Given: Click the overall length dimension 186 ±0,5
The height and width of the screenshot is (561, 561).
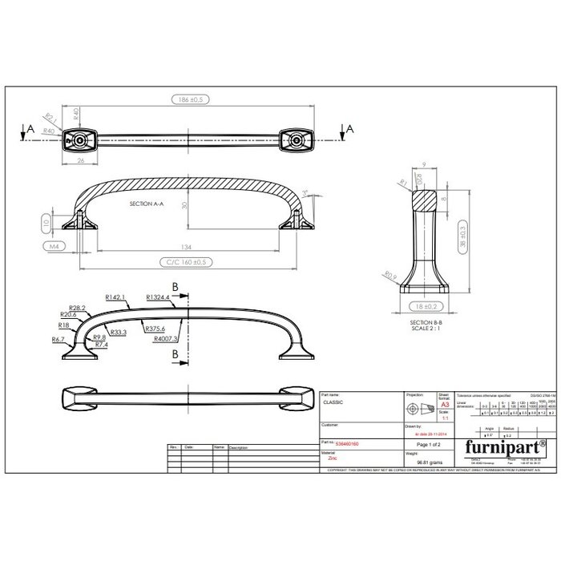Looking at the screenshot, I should (x=188, y=100).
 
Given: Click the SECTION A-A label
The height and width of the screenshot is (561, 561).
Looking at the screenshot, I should (x=146, y=204).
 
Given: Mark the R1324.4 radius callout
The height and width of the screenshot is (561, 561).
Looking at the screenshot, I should (x=158, y=297).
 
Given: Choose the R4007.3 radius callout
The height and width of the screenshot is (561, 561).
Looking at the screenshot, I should (x=167, y=339).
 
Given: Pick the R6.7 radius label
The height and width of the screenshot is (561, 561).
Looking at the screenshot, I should (x=59, y=339).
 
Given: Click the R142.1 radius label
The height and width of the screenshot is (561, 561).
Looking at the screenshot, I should (x=116, y=297).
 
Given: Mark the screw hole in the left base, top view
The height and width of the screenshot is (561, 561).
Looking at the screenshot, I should (x=81, y=139).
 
